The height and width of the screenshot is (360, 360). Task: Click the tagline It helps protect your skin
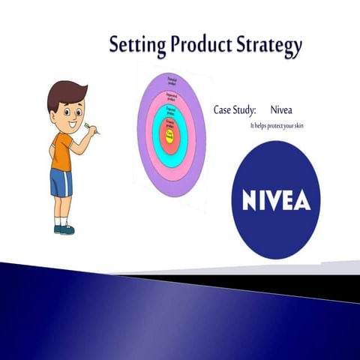point(277,125)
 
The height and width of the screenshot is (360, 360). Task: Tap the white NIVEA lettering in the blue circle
point(277,199)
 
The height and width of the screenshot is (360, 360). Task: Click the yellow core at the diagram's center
point(171,136)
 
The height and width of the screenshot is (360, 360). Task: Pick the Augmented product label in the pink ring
point(171,96)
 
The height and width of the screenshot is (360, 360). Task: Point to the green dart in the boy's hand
point(88,125)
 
